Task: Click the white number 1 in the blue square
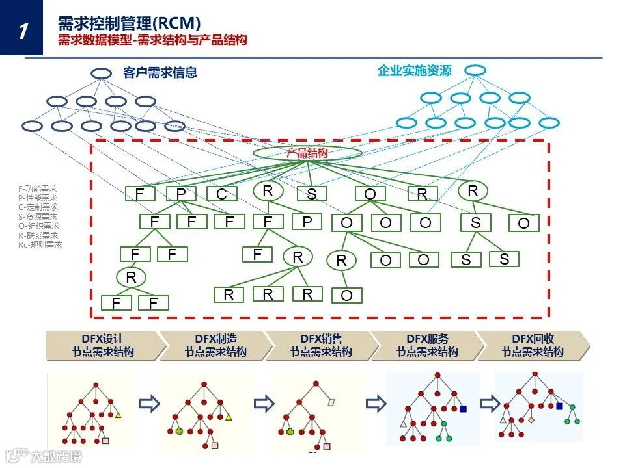(23, 30)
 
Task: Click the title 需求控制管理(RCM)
(129, 23)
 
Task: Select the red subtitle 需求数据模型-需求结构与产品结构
(152, 41)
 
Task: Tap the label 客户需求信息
(160, 73)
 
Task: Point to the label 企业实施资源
(414, 71)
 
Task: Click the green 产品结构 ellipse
(307, 153)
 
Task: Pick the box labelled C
(222, 194)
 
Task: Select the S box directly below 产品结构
(312, 194)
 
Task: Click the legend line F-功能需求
(38, 188)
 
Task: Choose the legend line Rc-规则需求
(40, 245)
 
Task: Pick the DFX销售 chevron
(321, 346)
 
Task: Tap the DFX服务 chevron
(427, 346)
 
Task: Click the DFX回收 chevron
(533, 346)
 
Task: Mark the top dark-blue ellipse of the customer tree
(101, 73)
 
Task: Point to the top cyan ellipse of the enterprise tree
(475, 70)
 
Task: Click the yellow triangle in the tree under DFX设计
(118, 414)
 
